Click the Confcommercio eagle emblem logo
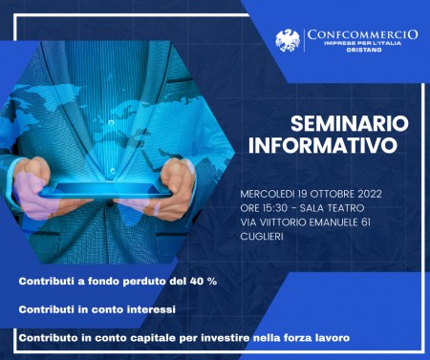288,41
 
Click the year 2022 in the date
367,194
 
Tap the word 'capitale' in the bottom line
147,338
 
